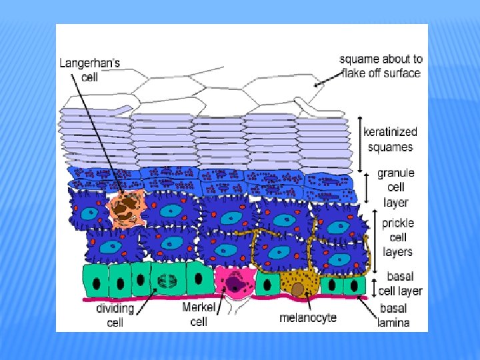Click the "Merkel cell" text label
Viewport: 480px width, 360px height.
199,314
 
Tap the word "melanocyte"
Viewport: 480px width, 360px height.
307,317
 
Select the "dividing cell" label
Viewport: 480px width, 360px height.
115,315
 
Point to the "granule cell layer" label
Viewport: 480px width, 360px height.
395,187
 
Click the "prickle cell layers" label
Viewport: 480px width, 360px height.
397,237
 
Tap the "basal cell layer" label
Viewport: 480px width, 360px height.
400,284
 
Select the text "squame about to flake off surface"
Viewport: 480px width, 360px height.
381,65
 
